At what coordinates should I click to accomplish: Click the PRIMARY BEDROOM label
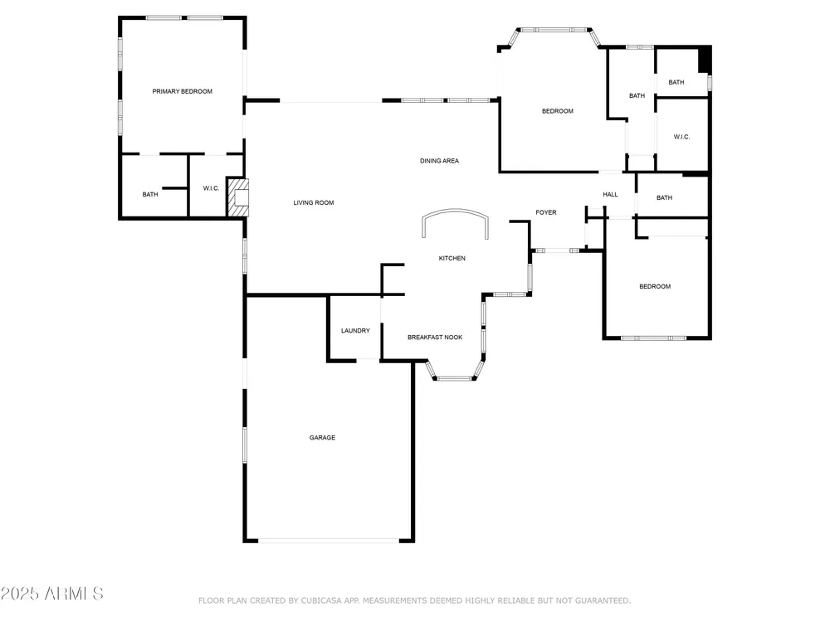(182, 91)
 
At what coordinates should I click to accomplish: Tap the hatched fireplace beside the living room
(237, 197)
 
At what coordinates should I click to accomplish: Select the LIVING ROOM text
(314, 202)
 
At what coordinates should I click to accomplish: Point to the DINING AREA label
(439, 161)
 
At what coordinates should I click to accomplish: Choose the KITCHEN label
(452, 258)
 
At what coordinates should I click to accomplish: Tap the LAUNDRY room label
(355, 331)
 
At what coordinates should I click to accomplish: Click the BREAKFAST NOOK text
(435, 337)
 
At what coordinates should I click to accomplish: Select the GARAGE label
(322, 437)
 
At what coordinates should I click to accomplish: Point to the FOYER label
(546, 212)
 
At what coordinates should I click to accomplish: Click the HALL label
(610, 194)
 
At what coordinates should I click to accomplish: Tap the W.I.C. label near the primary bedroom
(211, 188)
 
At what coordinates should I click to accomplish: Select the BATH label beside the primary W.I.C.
(149, 194)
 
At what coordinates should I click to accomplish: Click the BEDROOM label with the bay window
(558, 111)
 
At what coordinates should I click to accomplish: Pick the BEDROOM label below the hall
(655, 286)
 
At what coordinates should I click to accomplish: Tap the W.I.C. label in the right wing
(681, 137)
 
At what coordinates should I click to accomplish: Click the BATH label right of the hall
(664, 198)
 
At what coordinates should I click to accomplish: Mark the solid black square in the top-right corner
(705, 59)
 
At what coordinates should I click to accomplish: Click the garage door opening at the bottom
(328, 541)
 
